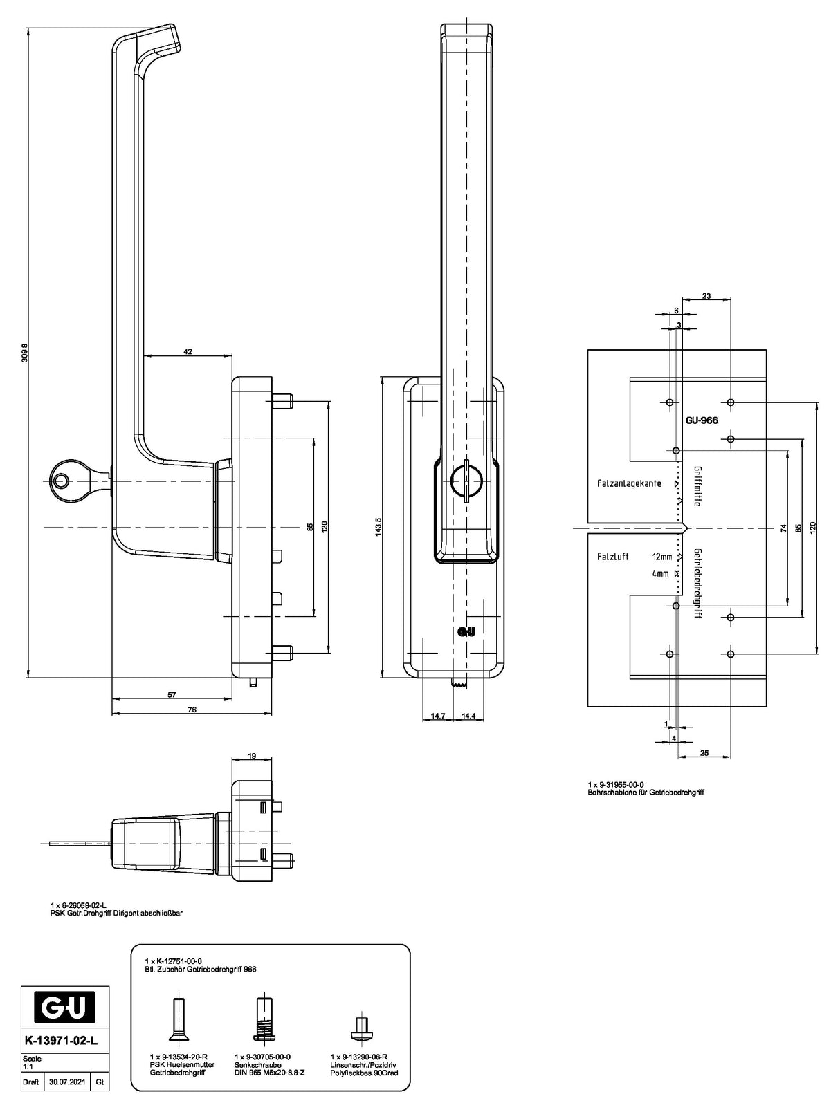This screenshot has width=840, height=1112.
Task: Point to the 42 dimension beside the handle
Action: [x=188, y=351]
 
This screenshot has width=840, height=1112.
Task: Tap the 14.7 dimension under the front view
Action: [x=437, y=716]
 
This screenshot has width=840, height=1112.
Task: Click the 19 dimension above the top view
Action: [x=252, y=756]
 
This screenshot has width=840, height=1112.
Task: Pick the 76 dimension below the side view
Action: [x=192, y=710]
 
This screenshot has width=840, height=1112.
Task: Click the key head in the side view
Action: [x=66, y=481]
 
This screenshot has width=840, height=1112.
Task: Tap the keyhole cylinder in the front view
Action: [x=465, y=479]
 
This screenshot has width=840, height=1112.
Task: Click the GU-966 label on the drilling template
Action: [x=701, y=420]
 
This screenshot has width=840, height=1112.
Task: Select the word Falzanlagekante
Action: [x=629, y=483]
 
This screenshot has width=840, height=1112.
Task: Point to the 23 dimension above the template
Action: [x=706, y=296]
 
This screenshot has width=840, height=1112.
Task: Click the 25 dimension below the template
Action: [x=704, y=753]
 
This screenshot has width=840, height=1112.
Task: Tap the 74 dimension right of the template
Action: [x=783, y=528]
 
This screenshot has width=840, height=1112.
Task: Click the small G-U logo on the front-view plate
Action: [x=466, y=631]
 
